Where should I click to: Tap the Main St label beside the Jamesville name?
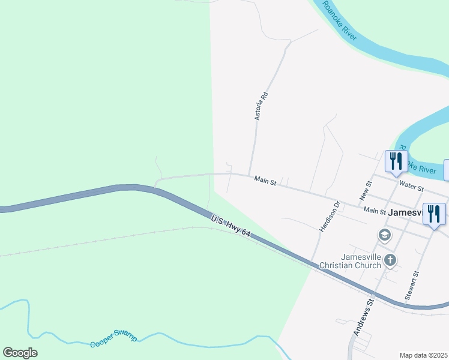(x=375, y=211)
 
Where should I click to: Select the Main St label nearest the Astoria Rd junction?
(x=264, y=179)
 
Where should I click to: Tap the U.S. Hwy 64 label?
(x=230, y=227)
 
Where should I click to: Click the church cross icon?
(x=390, y=260)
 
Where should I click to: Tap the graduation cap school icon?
(x=384, y=235)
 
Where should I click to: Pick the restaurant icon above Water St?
(x=395, y=161)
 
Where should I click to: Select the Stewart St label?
(x=411, y=285)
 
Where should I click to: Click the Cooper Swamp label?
(x=113, y=340)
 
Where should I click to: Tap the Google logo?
(x=20, y=353)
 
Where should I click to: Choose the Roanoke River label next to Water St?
(x=418, y=162)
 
